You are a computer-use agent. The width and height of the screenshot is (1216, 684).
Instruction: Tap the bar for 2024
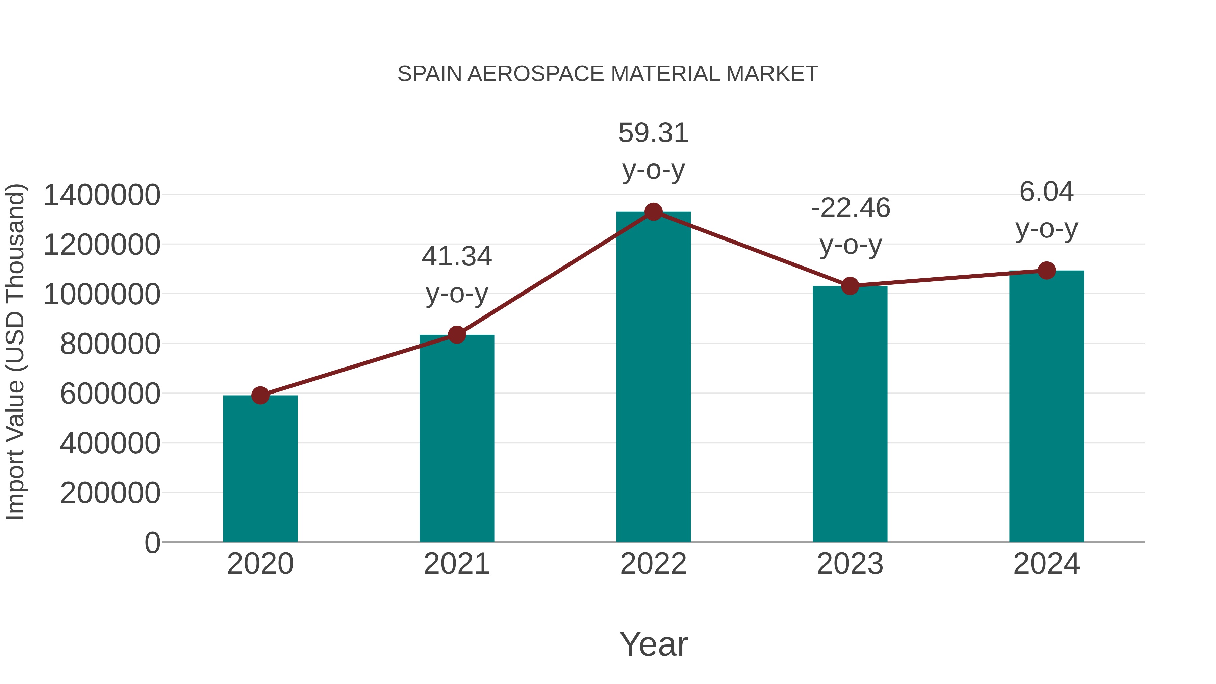click(1046, 406)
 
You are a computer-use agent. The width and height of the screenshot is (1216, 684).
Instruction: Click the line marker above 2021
click(456, 335)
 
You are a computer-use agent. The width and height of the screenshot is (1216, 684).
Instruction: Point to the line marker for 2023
click(850, 285)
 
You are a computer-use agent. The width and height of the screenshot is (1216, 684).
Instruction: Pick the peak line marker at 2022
click(653, 212)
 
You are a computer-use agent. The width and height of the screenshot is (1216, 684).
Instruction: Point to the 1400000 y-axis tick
click(101, 195)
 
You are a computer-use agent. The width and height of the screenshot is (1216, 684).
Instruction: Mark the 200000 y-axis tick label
click(110, 493)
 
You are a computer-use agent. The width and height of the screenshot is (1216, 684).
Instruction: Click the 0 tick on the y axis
click(152, 542)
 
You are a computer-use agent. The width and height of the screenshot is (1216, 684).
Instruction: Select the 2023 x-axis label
click(850, 564)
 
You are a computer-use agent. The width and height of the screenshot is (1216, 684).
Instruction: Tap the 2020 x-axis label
click(260, 564)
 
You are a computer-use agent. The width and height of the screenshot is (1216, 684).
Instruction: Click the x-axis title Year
click(653, 644)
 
